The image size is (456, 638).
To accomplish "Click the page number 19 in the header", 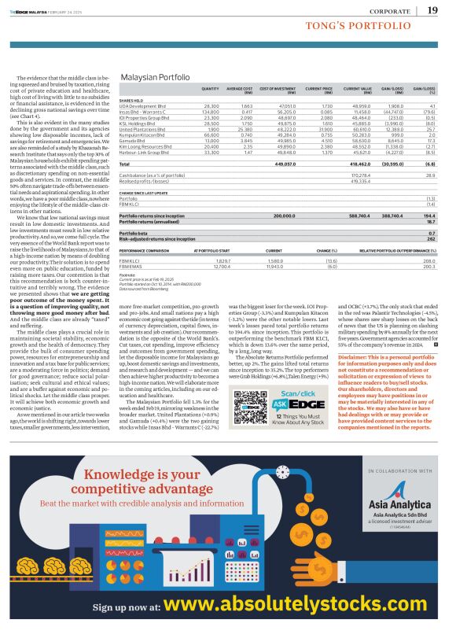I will click(433, 10).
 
